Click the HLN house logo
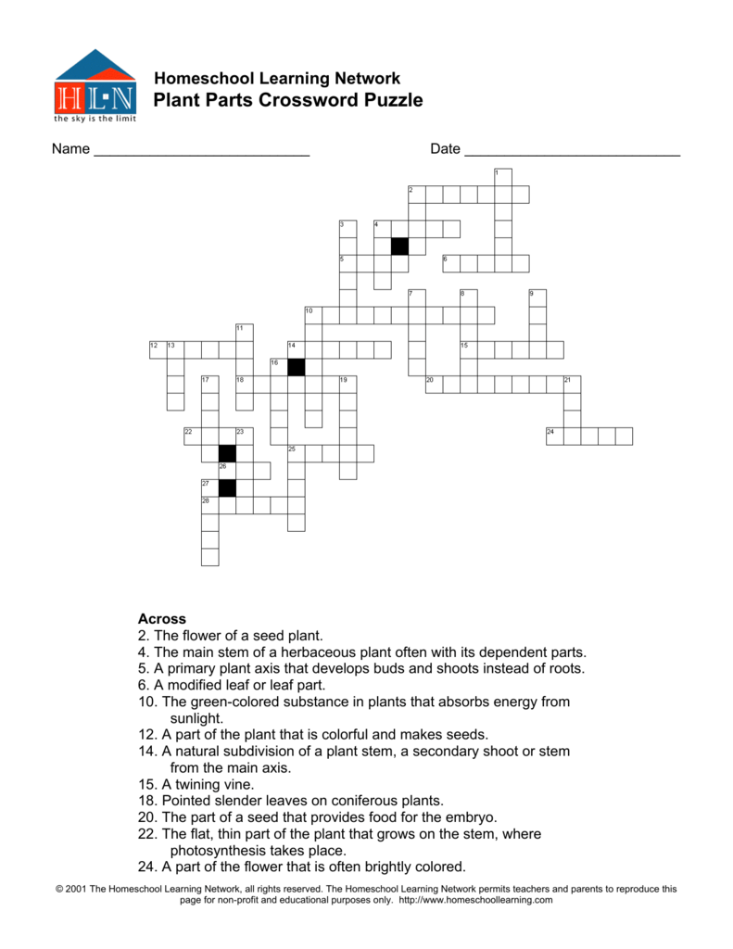pos(95,84)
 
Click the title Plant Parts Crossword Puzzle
pos(287,100)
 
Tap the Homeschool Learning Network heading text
pos(276,78)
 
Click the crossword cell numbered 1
pos(503,177)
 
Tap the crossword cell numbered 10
pos(313,315)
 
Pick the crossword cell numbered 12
pos(157,349)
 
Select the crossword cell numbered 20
pos(434,384)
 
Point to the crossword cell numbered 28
pos(209,505)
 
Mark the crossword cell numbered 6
pos(451,263)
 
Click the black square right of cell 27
pos(227,487)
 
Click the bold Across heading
pos(162,618)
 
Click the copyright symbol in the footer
pos(60,889)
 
